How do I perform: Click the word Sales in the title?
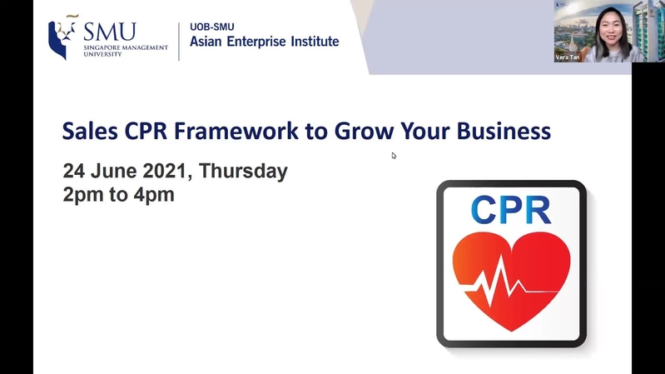(90, 130)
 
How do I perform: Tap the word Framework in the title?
(236, 130)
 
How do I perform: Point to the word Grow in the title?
(365, 130)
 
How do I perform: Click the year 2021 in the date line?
(164, 171)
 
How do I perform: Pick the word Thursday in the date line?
(243, 172)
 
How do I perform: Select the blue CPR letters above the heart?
(511, 210)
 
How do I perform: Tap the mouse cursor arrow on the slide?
(394, 156)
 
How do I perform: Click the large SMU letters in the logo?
(110, 32)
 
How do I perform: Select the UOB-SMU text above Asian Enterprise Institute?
(212, 27)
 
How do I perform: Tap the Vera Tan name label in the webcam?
(568, 57)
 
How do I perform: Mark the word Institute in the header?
(315, 41)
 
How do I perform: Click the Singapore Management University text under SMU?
(126, 51)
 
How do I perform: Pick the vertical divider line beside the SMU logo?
(179, 42)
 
